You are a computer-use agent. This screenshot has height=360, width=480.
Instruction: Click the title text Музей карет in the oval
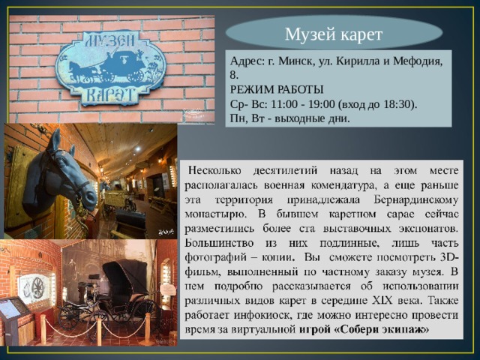(x=334, y=34)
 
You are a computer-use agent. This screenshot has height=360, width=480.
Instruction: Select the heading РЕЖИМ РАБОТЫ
(x=276, y=89)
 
